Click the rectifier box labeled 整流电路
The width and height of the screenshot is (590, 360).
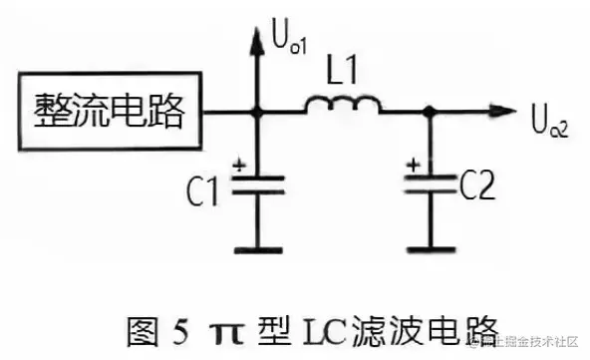click(x=110, y=113)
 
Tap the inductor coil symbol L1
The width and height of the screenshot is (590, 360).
click(x=342, y=104)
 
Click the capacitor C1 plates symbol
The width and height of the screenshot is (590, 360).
click(x=258, y=183)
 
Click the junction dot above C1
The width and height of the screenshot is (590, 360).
click(x=258, y=112)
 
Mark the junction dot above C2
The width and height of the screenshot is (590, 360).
click(x=431, y=112)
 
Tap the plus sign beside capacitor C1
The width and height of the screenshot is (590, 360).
click(x=237, y=166)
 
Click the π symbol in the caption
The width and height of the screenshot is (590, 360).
click(x=223, y=327)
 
